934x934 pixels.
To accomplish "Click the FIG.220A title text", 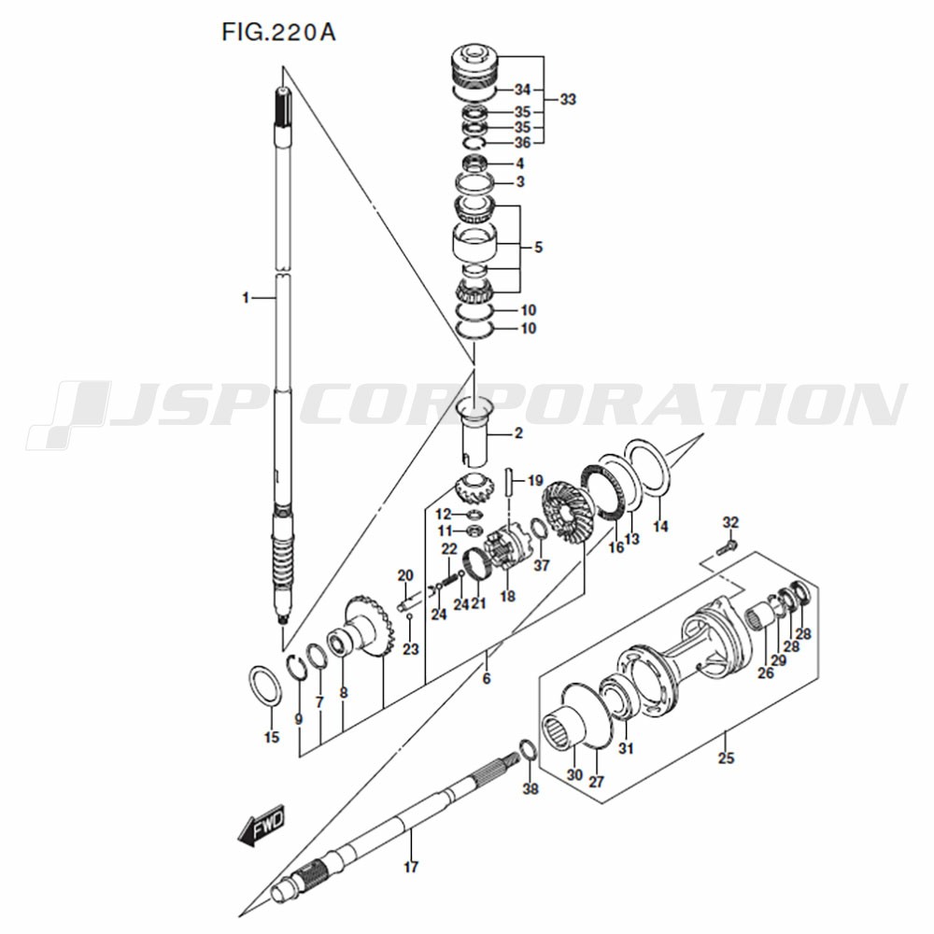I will point(278,33).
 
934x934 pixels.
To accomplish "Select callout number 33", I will point(568,99).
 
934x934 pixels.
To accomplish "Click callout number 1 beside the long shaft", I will point(245,298).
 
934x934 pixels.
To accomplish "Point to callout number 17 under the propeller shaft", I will point(410,868).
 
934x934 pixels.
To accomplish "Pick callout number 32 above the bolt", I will point(730,521).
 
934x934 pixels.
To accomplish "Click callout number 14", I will point(660,528).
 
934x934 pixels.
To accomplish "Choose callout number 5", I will point(537,248).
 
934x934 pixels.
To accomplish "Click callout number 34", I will point(521,90).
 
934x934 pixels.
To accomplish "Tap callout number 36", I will point(521,142).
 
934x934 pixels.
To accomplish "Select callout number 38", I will point(531,789).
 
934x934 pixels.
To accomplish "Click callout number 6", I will point(486,679).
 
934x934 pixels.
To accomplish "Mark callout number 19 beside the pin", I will point(534,481).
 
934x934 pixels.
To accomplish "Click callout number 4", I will point(520,163).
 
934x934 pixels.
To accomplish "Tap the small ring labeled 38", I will point(526,750).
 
